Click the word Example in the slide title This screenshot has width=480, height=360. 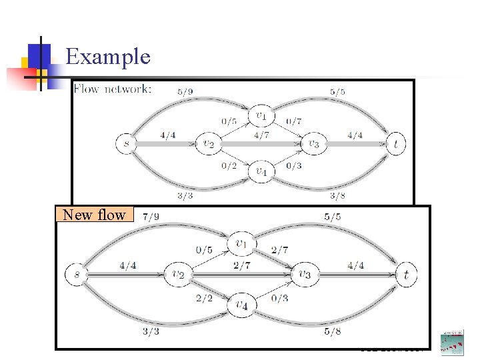point(108,56)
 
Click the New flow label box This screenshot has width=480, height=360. point(94,215)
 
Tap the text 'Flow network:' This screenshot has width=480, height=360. point(112,89)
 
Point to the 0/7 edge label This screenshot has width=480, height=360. point(294,121)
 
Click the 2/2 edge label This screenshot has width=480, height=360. point(204,298)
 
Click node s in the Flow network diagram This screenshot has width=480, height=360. point(125,143)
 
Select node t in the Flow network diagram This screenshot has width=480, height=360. point(396,143)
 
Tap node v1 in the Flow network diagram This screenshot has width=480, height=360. point(260,116)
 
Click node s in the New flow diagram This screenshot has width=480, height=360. point(77,273)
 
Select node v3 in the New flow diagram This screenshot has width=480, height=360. point(305,274)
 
